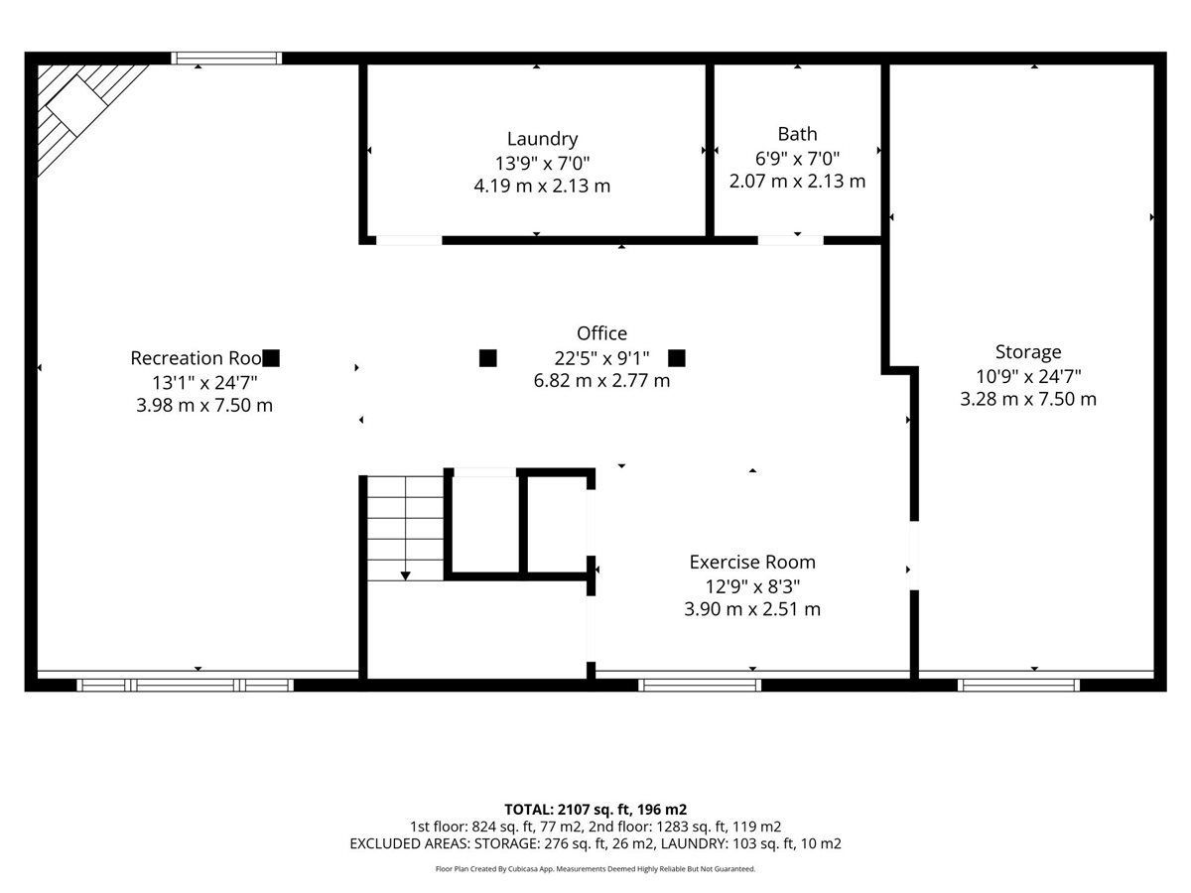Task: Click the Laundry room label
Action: pos(542,139)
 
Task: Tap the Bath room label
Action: pos(797,133)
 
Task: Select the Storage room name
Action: pos(1027,352)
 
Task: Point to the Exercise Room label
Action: pos(752,563)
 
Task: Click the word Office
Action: pos(601,333)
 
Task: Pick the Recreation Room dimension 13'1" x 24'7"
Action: pos(204,383)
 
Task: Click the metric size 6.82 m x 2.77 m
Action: pos(601,381)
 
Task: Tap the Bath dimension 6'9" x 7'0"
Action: pos(797,159)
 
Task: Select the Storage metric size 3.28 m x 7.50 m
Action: pos(1027,399)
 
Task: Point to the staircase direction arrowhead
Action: pos(405,575)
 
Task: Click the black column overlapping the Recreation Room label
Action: pos(271,358)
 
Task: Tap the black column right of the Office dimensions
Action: pos(677,358)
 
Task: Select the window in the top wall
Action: pos(226,58)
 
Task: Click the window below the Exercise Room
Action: pos(700,686)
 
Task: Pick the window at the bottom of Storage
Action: pos(1018,686)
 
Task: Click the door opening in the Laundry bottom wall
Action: pos(409,240)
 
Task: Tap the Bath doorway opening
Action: pos(791,240)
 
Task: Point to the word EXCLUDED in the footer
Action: pos(382,843)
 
